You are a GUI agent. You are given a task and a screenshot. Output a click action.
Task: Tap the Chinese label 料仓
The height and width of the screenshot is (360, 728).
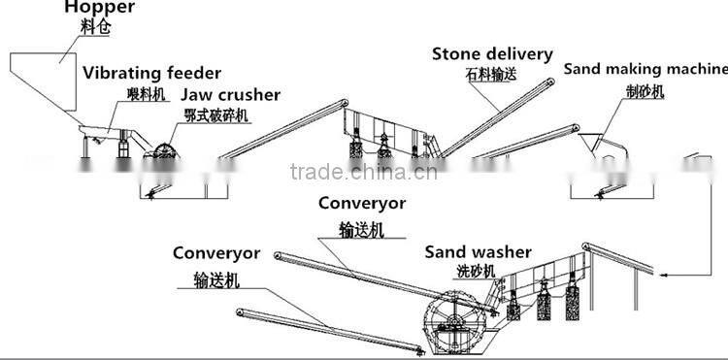(x=94, y=29)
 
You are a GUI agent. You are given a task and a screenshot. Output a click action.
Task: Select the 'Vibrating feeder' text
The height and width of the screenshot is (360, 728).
(x=151, y=74)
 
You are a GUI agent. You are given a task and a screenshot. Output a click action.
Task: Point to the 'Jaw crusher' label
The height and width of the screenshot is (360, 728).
(x=230, y=95)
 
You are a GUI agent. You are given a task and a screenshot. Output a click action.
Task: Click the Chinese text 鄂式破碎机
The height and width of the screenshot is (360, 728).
(x=216, y=115)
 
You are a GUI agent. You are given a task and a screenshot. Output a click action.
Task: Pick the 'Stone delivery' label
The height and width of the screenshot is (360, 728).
(x=492, y=53)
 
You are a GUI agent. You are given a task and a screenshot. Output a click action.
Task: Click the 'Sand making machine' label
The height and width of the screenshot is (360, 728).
(x=645, y=69)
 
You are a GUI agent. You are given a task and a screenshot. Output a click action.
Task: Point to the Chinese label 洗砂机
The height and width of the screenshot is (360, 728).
(x=476, y=271)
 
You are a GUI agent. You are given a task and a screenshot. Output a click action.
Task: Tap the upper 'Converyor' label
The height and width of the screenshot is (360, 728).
(x=362, y=204)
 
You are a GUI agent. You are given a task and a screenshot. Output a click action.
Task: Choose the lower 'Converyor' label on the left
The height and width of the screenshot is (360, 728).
(x=216, y=253)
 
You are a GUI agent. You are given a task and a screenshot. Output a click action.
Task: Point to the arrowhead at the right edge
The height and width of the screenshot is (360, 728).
(x=664, y=278)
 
